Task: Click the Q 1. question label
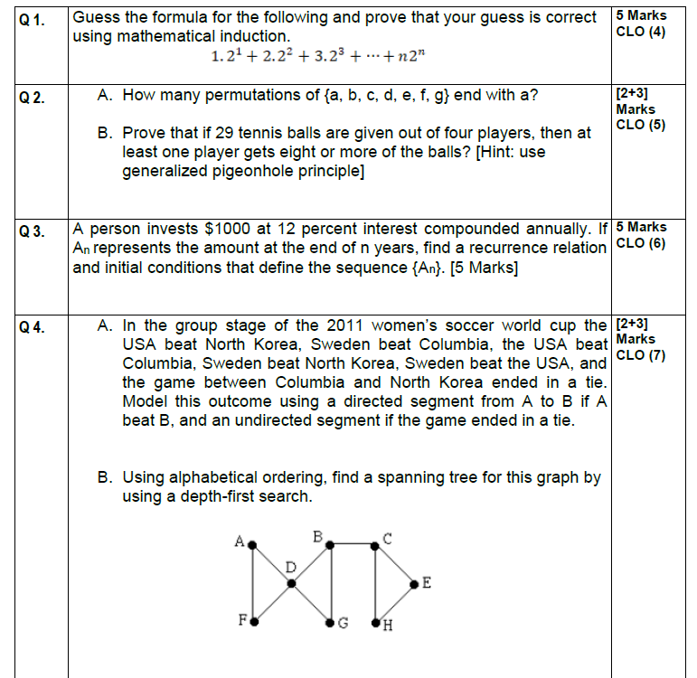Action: click(x=32, y=18)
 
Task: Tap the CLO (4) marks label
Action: click(x=640, y=32)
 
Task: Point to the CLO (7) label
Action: click(x=640, y=355)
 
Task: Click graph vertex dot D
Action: click(x=291, y=583)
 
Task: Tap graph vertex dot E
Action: click(x=414, y=585)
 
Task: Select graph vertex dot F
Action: click(x=254, y=622)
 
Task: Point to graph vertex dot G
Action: click(x=330, y=623)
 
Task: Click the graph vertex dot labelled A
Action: click(x=253, y=545)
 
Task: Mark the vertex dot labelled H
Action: click(x=375, y=622)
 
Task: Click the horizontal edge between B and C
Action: click(x=353, y=544)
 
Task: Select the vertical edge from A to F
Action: click(x=254, y=583)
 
